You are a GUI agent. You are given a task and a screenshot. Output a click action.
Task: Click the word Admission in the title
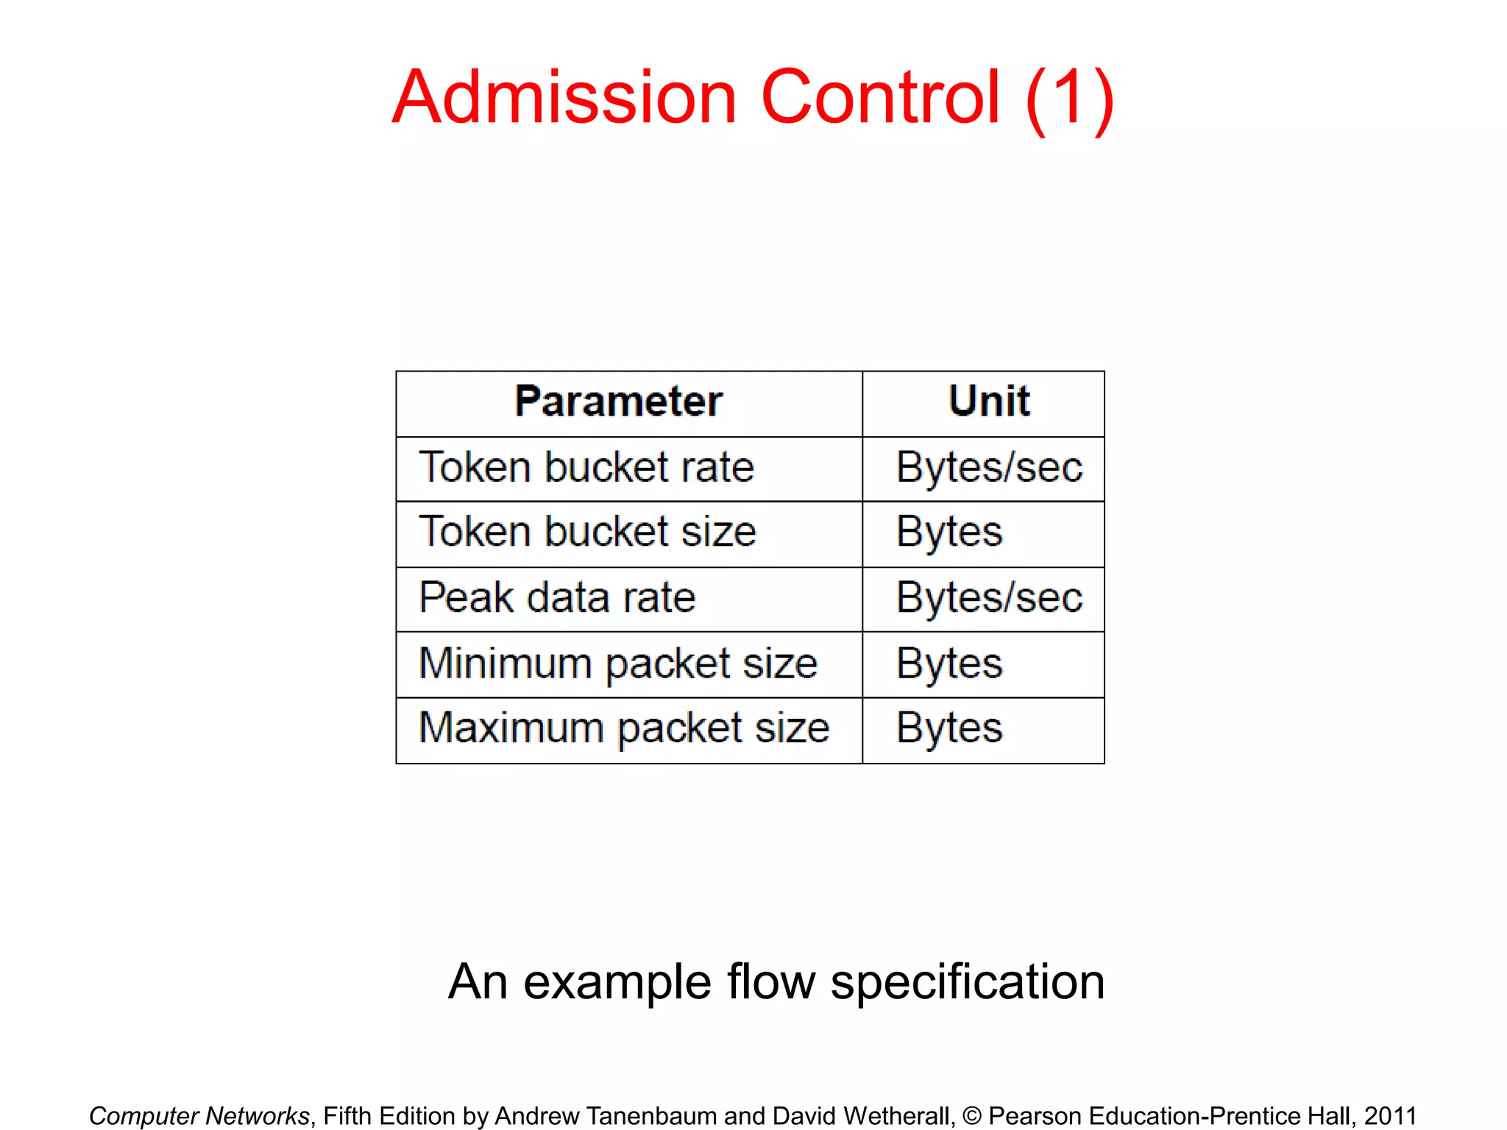click(x=564, y=98)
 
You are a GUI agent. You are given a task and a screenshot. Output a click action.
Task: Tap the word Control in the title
click(x=880, y=98)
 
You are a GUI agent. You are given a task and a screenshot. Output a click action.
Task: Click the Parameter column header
click(x=618, y=402)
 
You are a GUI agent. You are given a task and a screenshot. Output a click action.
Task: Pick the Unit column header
click(x=989, y=402)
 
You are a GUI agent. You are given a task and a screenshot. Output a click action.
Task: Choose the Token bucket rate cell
click(x=586, y=468)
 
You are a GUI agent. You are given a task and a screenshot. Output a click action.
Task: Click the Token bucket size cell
click(x=587, y=532)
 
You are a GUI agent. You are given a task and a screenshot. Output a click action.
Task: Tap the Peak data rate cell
click(x=557, y=597)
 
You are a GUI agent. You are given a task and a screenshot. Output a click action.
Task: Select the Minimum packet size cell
click(x=618, y=664)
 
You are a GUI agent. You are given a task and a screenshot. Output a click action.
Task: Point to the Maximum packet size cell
click(x=624, y=728)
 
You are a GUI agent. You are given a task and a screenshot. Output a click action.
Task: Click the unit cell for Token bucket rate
click(x=989, y=468)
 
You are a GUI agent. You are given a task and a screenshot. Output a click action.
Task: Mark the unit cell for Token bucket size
click(x=949, y=532)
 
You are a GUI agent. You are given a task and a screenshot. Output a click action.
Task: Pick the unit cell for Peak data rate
click(x=989, y=597)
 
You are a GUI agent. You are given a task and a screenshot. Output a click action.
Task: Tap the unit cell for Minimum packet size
click(x=949, y=664)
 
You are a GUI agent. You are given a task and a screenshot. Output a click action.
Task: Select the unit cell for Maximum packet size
click(x=949, y=728)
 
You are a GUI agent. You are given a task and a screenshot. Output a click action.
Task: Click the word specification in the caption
click(x=967, y=983)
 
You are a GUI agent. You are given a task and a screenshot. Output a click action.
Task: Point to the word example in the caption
click(x=617, y=983)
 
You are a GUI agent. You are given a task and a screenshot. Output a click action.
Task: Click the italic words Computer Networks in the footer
click(x=199, y=1116)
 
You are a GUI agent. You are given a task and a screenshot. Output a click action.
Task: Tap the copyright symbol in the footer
click(x=971, y=1116)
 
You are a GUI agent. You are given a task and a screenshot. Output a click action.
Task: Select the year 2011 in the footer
click(x=1390, y=1116)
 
